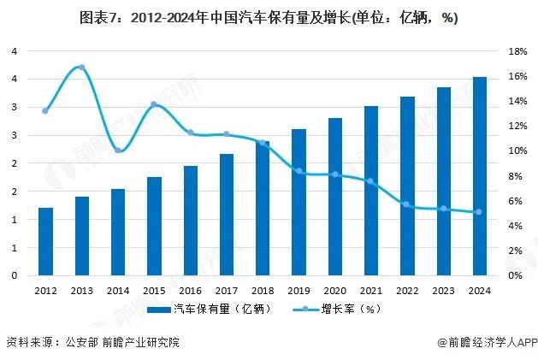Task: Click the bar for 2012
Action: click(x=45, y=242)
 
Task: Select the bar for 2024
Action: click(x=480, y=176)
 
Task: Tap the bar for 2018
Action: click(x=263, y=209)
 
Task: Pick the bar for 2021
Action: click(x=371, y=191)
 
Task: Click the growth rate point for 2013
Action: click(x=81, y=67)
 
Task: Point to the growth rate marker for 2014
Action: click(x=118, y=150)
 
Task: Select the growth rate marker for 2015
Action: click(x=154, y=104)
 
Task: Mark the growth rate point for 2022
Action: click(x=407, y=204)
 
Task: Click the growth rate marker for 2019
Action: click(x=299, y=171)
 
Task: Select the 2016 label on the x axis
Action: click(x=190, y=290)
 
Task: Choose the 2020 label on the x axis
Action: click(x=334, y=290)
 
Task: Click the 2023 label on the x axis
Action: click(x=443, y=290)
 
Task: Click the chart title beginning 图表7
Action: click(x=269, y=18)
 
